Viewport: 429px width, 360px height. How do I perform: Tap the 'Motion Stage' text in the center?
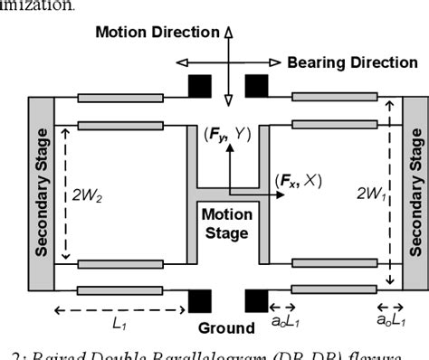[224, 223]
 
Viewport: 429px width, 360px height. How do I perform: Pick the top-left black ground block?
[199, 87]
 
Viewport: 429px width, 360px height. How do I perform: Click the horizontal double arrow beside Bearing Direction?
[229, 62]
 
